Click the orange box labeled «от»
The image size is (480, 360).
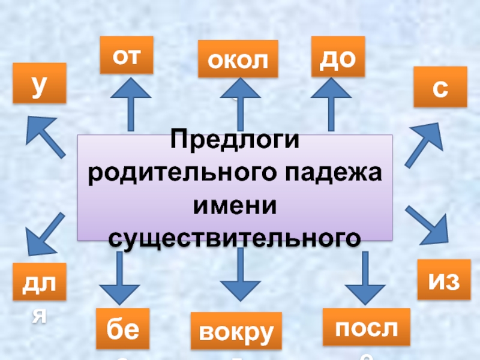127,55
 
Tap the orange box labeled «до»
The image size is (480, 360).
338,56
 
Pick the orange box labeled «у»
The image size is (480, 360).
39,85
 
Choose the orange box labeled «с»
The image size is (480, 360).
440,87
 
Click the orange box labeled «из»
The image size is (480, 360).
440,279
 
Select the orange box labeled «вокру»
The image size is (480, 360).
235,331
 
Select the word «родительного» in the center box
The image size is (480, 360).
170,175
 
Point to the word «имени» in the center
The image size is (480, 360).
235,206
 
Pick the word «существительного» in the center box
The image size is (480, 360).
235,237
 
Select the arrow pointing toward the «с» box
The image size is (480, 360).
424,144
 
